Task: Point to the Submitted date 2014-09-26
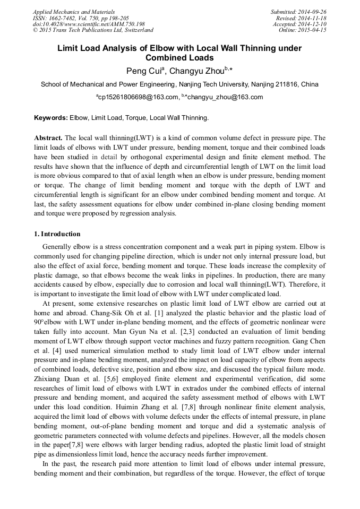pyautogui.click(x=313, y=12)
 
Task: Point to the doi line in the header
pyautogui.click(x=89, y=24)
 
